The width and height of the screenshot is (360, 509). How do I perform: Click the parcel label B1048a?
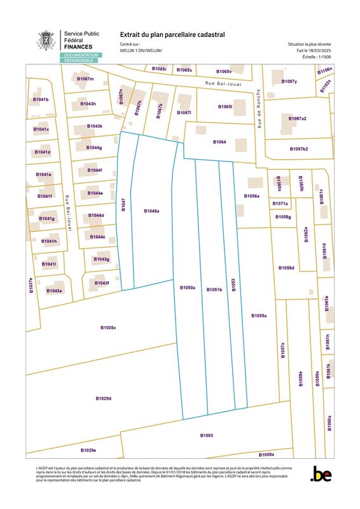click(x=151, y=211)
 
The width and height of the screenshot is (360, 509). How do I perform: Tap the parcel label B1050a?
click(x=187, y=288)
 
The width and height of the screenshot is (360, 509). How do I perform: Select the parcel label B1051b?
click(x=214, y=289)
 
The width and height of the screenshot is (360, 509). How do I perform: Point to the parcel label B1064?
click(x=219, y=142)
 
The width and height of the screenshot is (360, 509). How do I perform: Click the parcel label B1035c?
click(x=108, y=328)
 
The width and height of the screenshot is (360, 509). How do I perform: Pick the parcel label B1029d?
click(x=104, y=398)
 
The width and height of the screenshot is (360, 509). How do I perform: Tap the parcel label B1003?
click(x=207, y=435)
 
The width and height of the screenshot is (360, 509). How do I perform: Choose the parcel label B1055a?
click(x=259, y=316)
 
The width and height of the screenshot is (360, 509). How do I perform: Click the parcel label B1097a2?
click(x=297, y=119)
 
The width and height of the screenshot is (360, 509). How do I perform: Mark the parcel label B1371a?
click(x=280, y=204)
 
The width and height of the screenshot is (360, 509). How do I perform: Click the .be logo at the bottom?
click(x=321, y=473)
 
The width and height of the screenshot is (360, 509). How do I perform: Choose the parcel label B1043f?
click(x=102, y=282)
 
